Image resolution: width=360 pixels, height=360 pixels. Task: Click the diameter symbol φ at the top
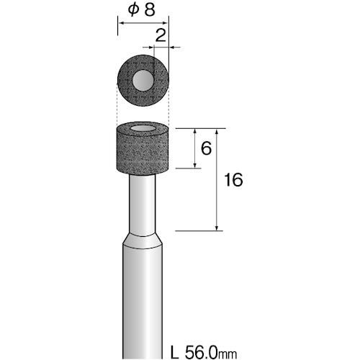pyautogui.click(x=133, y=9)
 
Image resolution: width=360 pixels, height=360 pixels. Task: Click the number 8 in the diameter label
pyautogui.click(x=150, y=9)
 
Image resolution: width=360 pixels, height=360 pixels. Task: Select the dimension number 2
pyautogui.click(x=161, y=35)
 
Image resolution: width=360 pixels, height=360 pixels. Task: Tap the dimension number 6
pyautogui.click(x=206, y=148)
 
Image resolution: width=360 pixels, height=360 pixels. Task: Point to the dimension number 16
pyautogui.click(x=233, y=180)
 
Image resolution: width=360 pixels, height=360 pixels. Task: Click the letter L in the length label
pyautogui.click(x=174, y=352)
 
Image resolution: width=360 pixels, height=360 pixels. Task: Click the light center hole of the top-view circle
pyautogui.click(x=143, y=81)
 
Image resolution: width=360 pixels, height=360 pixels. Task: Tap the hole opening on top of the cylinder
pyautogui.click(x=143, y=128)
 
